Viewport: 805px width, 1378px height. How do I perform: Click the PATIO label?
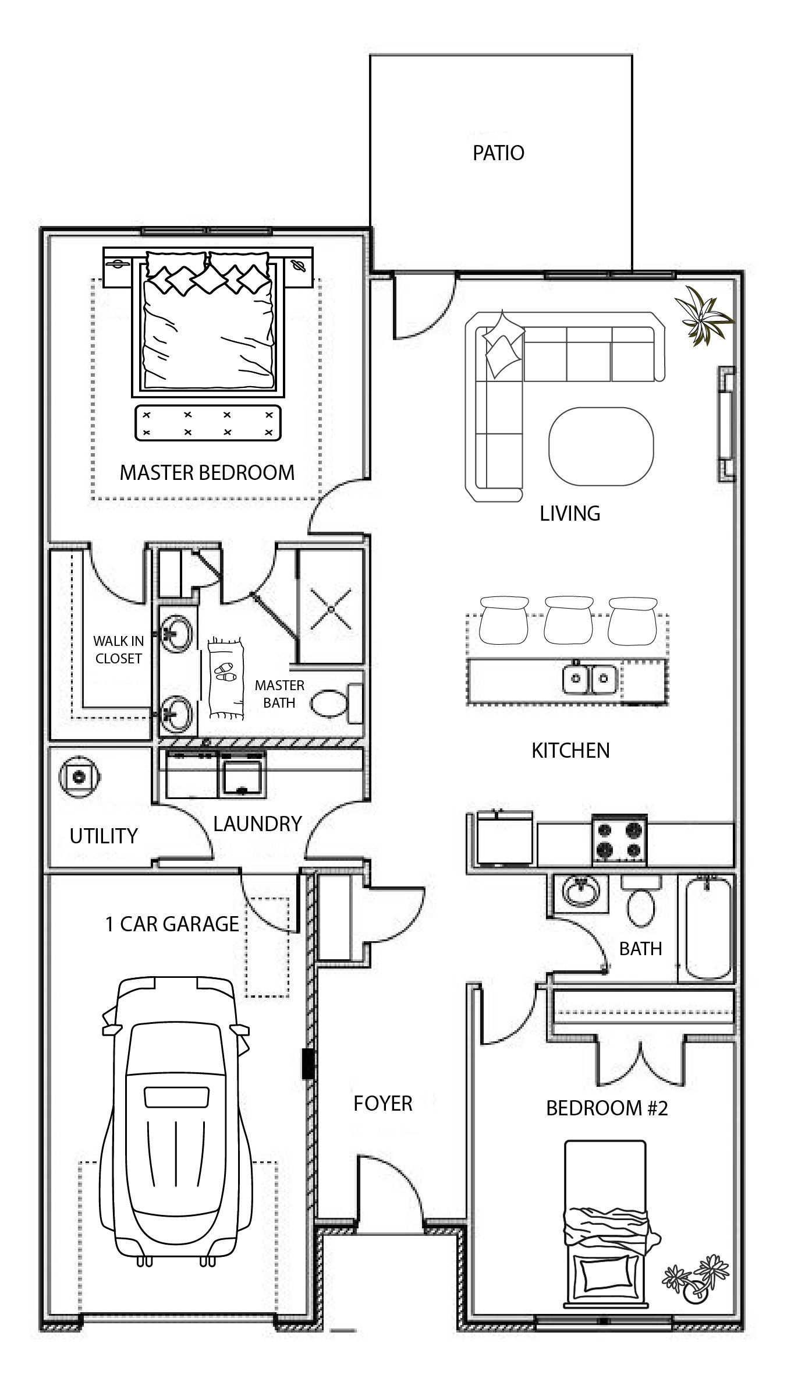[498, 153]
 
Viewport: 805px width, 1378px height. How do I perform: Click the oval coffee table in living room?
[600, 446]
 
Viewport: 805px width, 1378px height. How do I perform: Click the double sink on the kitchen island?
[590, 679]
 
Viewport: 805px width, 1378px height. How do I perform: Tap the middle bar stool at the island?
[568, 620]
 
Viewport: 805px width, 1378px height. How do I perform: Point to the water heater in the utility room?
[78, 776]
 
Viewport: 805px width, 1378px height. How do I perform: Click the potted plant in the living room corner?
[703, 317]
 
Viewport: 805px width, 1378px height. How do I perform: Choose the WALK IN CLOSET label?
[118, 649]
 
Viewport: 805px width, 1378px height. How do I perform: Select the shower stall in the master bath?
[331, 607]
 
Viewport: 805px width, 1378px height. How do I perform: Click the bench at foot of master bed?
[208, 423]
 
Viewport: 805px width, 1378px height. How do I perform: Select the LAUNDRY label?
[257, 824]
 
